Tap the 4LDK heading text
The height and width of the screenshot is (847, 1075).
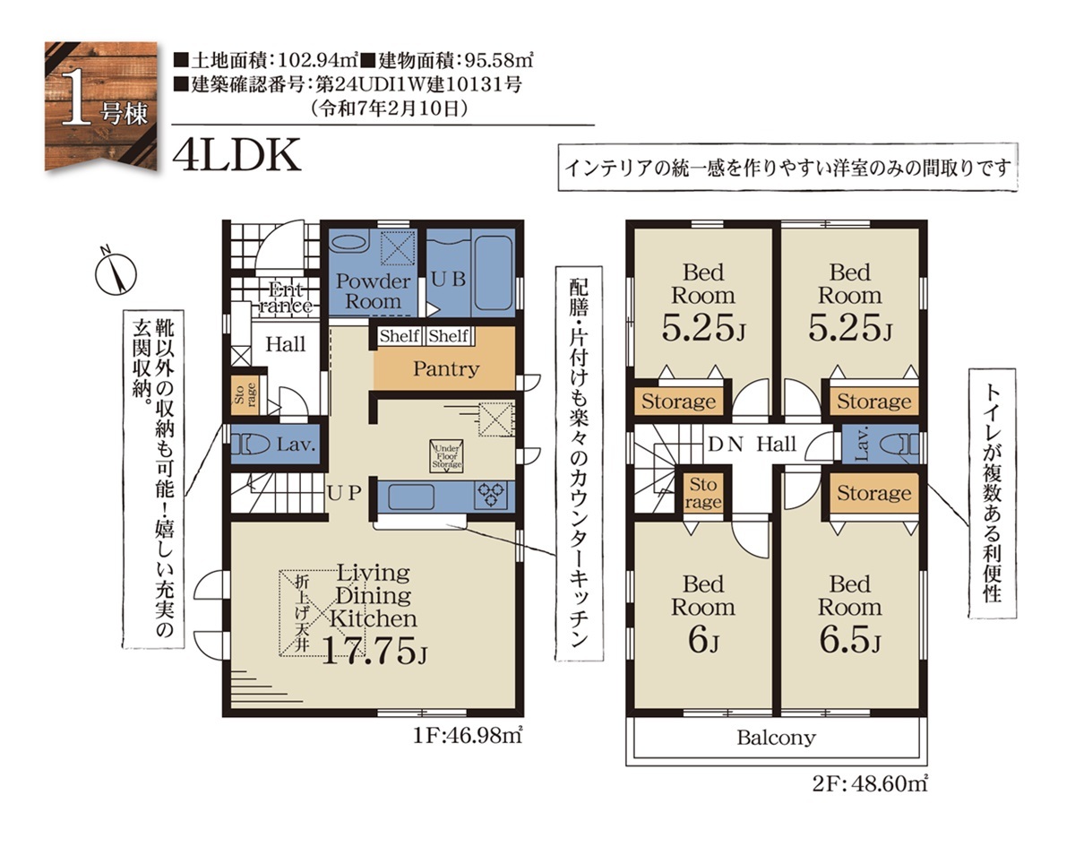(x=236, y=155)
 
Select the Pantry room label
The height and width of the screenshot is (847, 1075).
(x=446, y=369)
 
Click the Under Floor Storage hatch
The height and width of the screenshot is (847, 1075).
(x=447, y=456)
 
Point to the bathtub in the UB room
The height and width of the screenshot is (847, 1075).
(x=493, y=273)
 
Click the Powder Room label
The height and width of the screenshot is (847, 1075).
(x=373, y=291)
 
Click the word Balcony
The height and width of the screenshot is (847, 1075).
(x=776, y=738)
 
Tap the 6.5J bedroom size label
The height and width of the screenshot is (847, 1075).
(x=849, y=641)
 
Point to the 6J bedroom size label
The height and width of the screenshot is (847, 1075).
(x=703, y=641)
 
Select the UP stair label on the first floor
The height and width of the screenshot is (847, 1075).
(x=344, y=494)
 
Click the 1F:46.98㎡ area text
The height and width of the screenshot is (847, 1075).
(x=468, y=736)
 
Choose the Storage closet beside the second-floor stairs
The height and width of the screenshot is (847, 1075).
(x=703, y=493)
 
